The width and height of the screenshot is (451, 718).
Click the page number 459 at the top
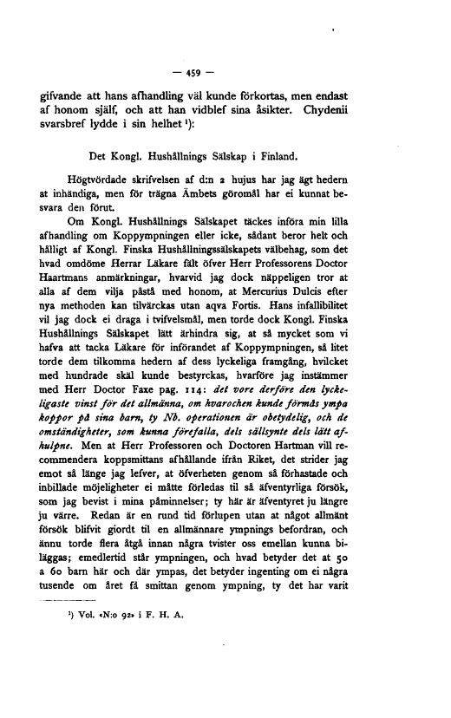point(221,71)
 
